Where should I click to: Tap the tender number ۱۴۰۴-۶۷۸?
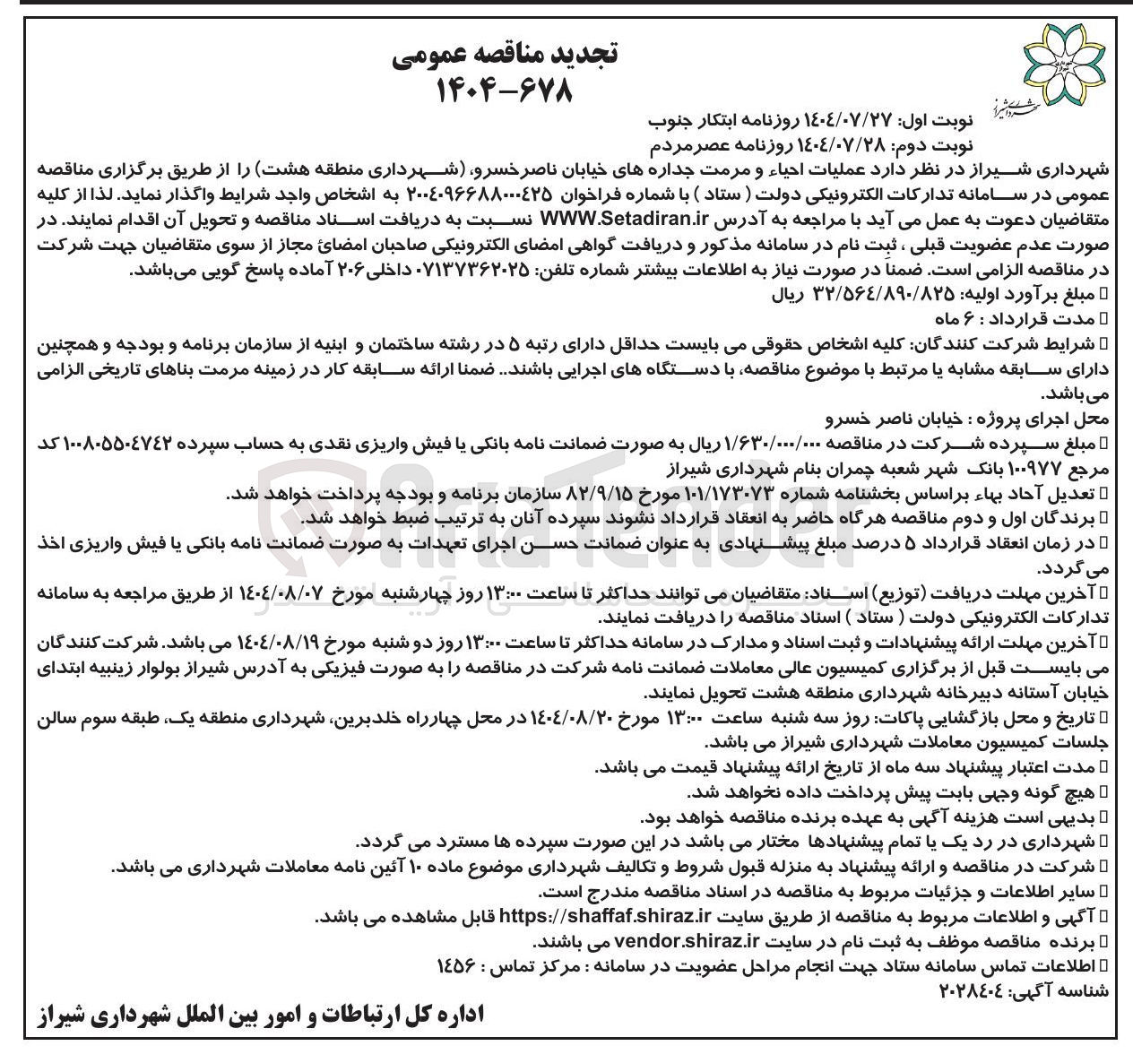click(505, 90)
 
